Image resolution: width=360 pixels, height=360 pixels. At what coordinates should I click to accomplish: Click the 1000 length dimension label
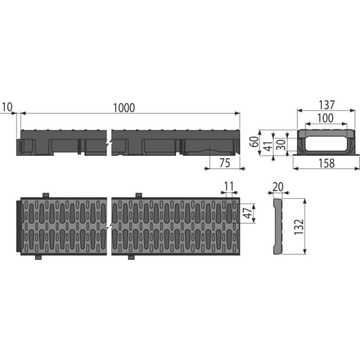pyautogui.click(x=124, y=108)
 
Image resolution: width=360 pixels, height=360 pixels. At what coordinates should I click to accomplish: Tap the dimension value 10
pyautogui.click(x=7, y=107)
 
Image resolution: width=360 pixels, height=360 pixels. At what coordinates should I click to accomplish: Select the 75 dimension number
pyautogui.click(x=224, y=163)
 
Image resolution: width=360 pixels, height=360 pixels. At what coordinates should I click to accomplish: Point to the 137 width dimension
pyautogui.click(x=327, y=105)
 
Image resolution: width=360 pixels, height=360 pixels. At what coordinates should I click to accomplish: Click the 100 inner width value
pyautogui.click(x=325, y=118)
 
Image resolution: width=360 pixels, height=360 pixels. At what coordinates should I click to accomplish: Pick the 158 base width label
pyautogui.click(x=326, y=163)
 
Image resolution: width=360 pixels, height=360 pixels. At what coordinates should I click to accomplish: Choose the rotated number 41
pyautogui.click(x=267, y=145)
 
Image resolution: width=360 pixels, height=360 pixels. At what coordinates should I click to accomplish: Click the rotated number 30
pyautogui.click(x=281, y=144)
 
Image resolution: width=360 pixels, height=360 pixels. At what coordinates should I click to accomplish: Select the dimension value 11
pyautogui.click(x=229, y=186)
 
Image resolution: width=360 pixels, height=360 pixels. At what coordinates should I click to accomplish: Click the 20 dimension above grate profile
pyautogui.click(x=278, y=187)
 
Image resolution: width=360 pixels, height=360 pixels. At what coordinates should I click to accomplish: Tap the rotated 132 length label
pyautogui.click(x=299, y=227)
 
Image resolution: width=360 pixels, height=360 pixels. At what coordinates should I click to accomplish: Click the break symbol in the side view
pyautogui.click(x=109, y=143)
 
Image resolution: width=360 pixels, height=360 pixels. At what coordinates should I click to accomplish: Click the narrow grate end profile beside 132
pyautogui.click(x=277, y=226)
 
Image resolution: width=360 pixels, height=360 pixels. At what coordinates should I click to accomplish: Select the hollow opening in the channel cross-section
pyautogui.click(x=326, y=144)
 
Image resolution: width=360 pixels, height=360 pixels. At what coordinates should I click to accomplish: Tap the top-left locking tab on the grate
pyautogui.click(x=46, y=195)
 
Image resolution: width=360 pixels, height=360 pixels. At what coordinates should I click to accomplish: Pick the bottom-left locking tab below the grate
pyautogui.click(x=38, y=257)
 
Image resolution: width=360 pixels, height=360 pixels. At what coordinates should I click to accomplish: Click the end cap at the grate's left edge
pyautogui.click(x=19, y=226)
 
